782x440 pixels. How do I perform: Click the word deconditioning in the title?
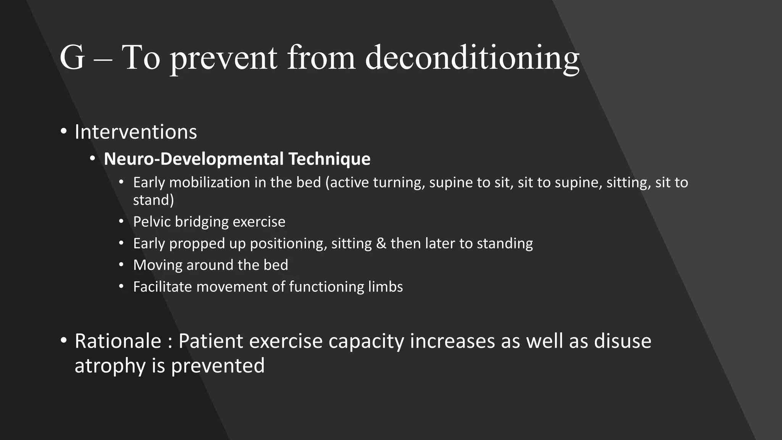[472, 58]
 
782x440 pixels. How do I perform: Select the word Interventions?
[136, 132]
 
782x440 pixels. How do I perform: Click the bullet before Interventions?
[64, 132]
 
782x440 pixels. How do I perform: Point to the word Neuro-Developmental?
[194, 159]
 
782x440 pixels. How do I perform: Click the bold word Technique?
[329, 159]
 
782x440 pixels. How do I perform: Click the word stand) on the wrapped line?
[153, 200]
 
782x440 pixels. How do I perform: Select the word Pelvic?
[152, 222]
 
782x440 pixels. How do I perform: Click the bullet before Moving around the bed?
[121, 265]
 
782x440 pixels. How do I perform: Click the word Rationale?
[118, 341]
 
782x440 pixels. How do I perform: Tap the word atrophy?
[110, 366]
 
